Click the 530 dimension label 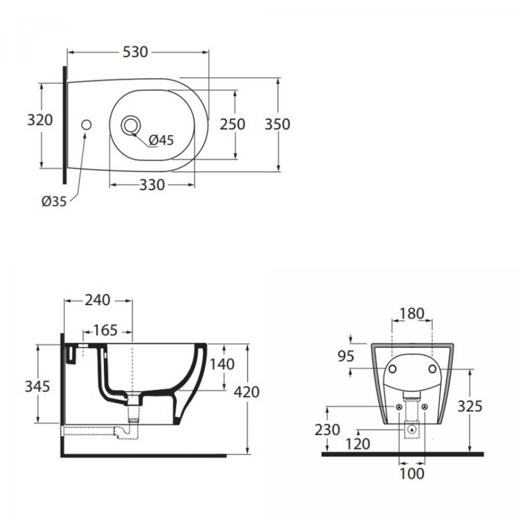(135, 52)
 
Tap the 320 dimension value (40, 120)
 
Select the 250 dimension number (232, 124)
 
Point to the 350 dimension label (277, 124)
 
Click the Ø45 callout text (162, 140)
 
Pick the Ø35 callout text (54, 201)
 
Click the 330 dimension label (152, 185)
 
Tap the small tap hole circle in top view (86, 125)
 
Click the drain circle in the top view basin (131, 125)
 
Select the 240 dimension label (97, 300)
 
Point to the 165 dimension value (105, 330)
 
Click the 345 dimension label (38, 387)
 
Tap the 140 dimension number (222, 364)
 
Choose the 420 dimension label (247, 392)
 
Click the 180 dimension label (412, 314)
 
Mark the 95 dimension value (346, 357)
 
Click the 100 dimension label (412, 473)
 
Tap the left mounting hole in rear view (392, 369)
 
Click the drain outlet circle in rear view (412, 436)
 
